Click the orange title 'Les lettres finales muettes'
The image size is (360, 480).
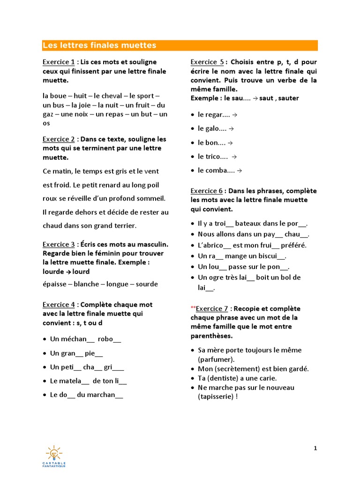(x=99, y=45)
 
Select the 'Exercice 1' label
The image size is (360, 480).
(x=59, y=62)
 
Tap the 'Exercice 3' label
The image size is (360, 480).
(x=59, y=244)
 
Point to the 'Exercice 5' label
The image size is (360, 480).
(x=207, y=62)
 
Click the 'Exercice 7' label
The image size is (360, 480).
(x=211, y=308)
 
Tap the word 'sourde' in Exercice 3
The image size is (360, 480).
(x=146, y=284)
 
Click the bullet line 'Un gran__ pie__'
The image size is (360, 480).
(x=76, y=353)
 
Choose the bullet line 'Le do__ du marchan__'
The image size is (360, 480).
(x=86, y=395)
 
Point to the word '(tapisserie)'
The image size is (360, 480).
(x=216, y=397)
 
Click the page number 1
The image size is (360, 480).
(x=315, y=448)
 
